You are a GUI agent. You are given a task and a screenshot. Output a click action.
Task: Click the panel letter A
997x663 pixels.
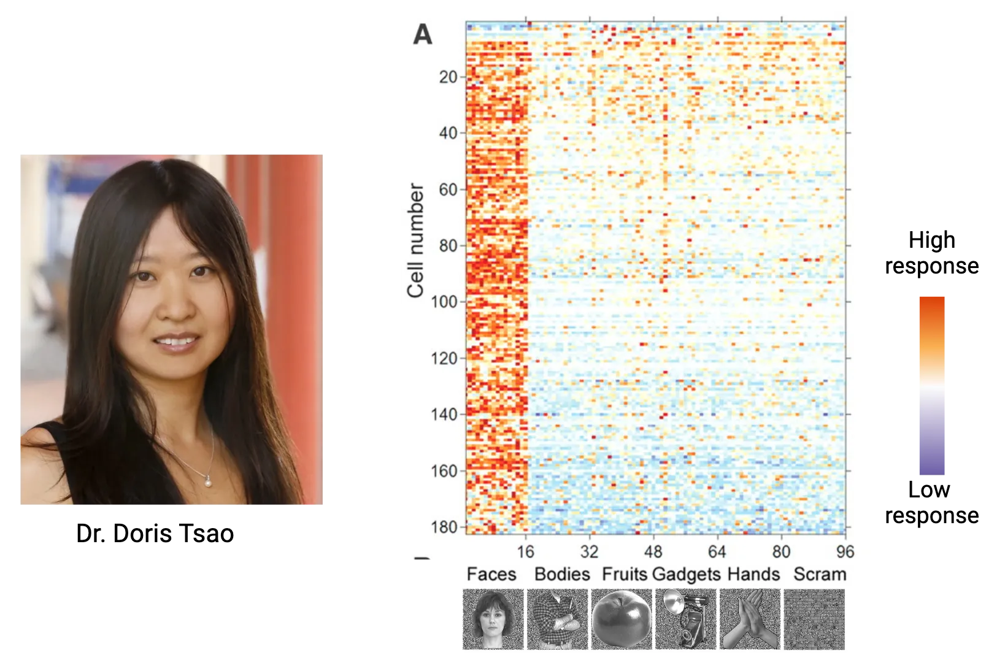(x=423, y=34)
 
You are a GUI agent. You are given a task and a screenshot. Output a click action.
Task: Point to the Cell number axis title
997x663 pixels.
(x=416, y=240)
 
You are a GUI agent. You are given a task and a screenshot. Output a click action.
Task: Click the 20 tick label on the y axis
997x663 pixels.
(x=448, y=77)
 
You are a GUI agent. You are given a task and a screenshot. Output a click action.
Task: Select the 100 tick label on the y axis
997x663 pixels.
(x=444, y=302)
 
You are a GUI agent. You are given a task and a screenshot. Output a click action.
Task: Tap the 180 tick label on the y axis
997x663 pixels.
(x=444, y=527)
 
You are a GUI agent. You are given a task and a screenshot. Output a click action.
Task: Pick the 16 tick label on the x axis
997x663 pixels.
(x=525, y=551)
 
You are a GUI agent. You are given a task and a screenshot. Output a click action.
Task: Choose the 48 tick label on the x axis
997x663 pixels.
(x=653, y=551)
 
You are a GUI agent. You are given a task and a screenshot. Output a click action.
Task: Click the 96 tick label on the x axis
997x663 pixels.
(x=845, y=551)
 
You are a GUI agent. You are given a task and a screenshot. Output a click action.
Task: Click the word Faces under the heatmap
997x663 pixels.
(x=491, y=574)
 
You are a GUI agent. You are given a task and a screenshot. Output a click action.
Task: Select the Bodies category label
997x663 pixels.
(x=562, y=574)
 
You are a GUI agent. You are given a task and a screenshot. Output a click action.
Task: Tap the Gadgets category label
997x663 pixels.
(x=686, y=574)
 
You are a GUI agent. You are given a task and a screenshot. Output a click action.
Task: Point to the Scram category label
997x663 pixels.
(x=820, y=574)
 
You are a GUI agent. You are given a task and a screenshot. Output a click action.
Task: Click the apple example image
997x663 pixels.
(x=621, y=619)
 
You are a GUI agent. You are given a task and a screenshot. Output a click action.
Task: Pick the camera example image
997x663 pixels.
(x=686, y=619)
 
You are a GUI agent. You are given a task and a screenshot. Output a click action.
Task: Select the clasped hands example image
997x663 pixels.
(x=750, y=619)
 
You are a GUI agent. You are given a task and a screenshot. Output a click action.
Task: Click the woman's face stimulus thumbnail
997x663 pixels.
(x=493, y=619)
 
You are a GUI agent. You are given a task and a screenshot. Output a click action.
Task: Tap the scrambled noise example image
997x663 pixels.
(x=815, y=619)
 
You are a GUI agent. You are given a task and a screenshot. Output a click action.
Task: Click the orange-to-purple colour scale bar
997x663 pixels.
(x=932, y=385)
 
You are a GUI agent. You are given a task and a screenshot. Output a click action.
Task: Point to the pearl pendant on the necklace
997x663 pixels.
(x=209, y=482)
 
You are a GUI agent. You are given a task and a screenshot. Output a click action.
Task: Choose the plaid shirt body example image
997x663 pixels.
(x=557, y=619)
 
